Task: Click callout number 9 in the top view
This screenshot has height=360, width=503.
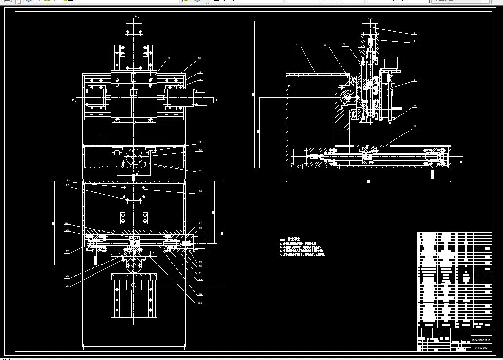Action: click(169, 58)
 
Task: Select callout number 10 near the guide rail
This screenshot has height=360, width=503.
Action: click(199, 59)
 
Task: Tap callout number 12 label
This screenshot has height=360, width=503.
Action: click(200, 79)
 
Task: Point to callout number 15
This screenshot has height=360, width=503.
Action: click(200, 171)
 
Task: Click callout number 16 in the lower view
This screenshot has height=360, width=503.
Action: click(200, 192)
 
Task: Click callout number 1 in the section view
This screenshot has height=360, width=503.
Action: click(296, 45)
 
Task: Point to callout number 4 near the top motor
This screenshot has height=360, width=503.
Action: click(415, 33)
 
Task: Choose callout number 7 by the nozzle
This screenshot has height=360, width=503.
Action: click(415, 106)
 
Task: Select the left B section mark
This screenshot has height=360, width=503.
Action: click(73, 100)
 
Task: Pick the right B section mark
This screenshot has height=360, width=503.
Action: click(215, 100)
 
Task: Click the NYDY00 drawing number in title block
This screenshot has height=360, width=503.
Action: click(481, 347)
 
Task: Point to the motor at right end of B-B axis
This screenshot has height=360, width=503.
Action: click(201, 97)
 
